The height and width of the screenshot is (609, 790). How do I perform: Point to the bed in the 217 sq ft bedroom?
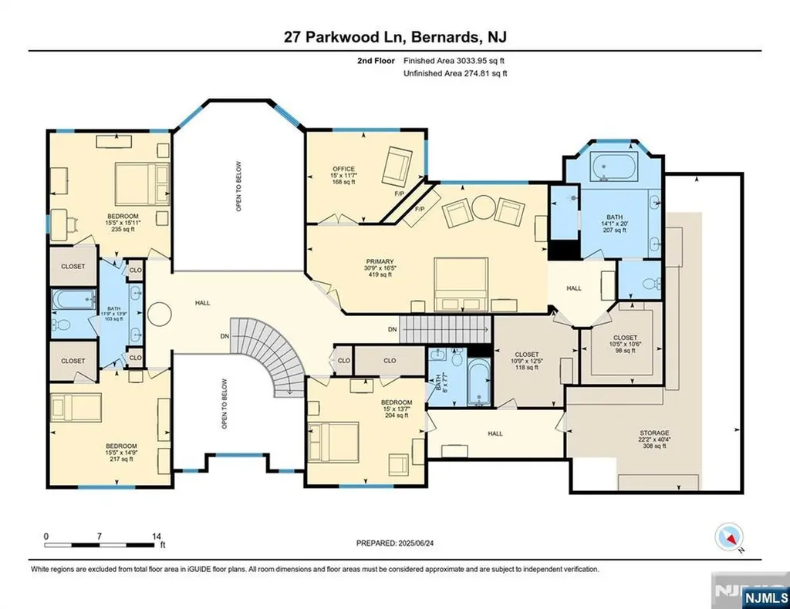[x=76, y=405]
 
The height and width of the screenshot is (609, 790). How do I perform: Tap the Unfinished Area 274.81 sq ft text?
[x=455, y=73]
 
